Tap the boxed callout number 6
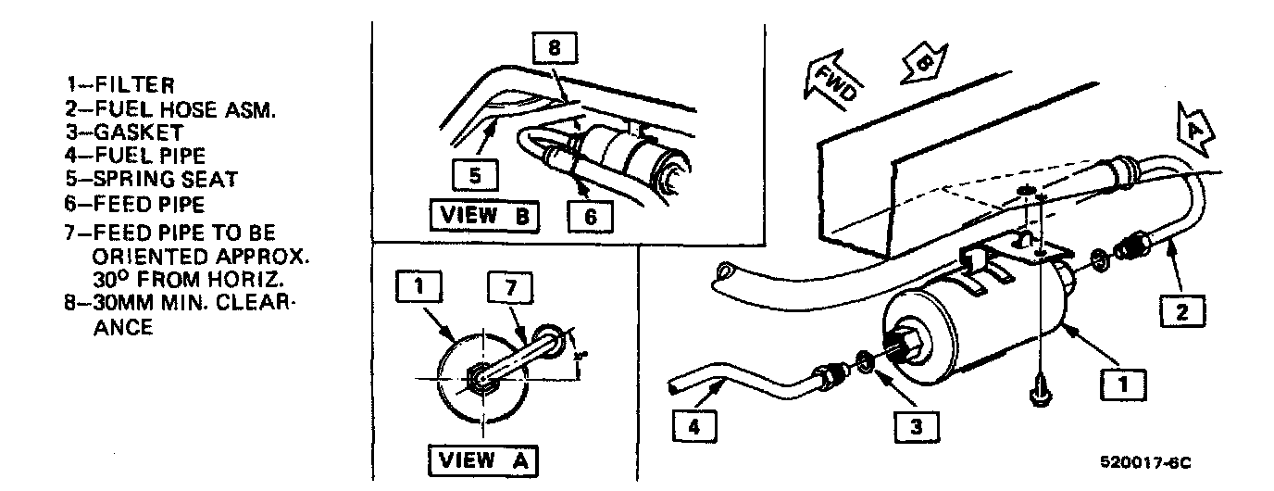[591, 215]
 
